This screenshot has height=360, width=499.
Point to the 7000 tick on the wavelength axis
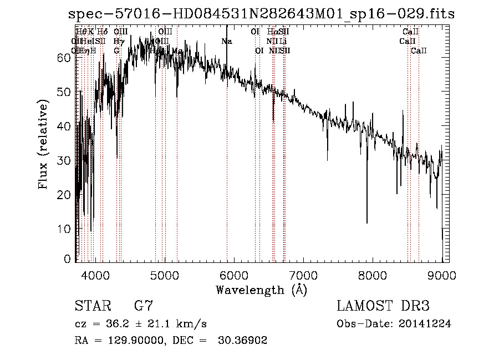[x=303, y=275]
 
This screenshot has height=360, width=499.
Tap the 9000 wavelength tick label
[x=442, y=275]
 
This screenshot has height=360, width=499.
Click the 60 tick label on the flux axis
[x=64, y=58]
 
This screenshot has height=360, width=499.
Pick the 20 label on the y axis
[x=64, y=195]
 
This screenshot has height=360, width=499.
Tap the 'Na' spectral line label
[x=226, y=41]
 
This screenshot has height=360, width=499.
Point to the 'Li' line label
[x=283, y=41]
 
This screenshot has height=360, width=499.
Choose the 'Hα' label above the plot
[x=272, y=32]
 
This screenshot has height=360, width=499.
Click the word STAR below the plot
[x=91, y=306]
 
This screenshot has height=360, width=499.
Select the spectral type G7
[x=143, y=306]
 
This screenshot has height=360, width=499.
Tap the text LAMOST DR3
[x=383, y=306]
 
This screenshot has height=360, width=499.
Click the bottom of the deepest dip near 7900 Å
[x=366, y=222]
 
